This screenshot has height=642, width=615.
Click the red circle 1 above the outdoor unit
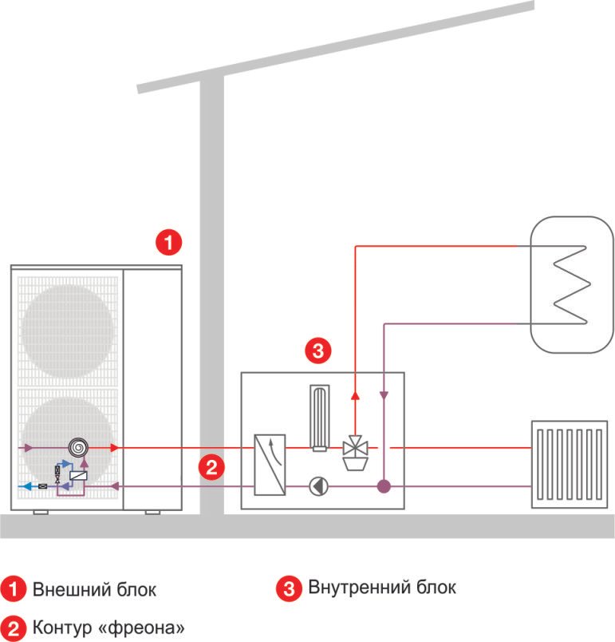168,242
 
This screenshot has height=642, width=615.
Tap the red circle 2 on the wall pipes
211,467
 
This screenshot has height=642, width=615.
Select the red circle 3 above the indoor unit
318,351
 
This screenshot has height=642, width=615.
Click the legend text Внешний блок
94,589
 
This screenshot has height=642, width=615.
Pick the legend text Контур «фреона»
108,627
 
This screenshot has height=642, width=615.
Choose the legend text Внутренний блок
382,587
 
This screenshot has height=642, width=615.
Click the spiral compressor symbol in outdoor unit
78,447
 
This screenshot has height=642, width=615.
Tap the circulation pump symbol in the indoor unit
318,486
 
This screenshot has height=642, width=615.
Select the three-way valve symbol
355,453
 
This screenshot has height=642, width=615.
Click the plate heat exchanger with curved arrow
270,465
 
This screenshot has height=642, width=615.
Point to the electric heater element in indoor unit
320,418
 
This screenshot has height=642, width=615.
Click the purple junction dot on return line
384,486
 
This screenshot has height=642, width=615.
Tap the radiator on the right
570,464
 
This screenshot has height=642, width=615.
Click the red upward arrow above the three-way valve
355,395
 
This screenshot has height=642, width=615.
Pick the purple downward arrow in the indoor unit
384,395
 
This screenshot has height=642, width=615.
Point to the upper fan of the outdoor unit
68,331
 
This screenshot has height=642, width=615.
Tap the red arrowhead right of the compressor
115,447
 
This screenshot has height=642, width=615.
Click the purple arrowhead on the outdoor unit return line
115,486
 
